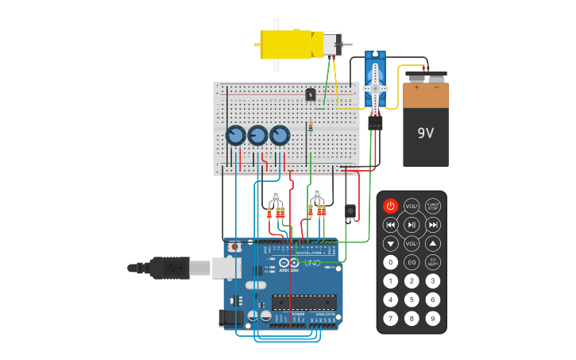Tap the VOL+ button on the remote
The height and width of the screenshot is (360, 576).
tap(412, 206)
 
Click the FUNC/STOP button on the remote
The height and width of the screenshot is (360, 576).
tap(432, 206)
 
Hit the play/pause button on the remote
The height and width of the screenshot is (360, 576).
tap(412, 225)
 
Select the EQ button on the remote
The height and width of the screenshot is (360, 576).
tap(412, 261)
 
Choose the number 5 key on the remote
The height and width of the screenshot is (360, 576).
tap(412, 300)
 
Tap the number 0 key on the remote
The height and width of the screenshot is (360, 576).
tap(390, 261)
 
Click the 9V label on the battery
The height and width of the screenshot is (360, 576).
tap(426, 133)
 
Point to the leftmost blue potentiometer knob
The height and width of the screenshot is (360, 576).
tap(236, 136)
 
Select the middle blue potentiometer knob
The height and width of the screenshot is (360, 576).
tap(258, 136)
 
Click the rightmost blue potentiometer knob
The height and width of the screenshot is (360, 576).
tap(280, 136)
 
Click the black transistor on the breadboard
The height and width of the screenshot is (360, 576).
tap(311, 95)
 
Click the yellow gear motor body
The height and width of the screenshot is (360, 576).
tap(288, 44)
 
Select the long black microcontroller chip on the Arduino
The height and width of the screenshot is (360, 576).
tap(303, 302)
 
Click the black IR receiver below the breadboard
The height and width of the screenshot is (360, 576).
tap(350, 211)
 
